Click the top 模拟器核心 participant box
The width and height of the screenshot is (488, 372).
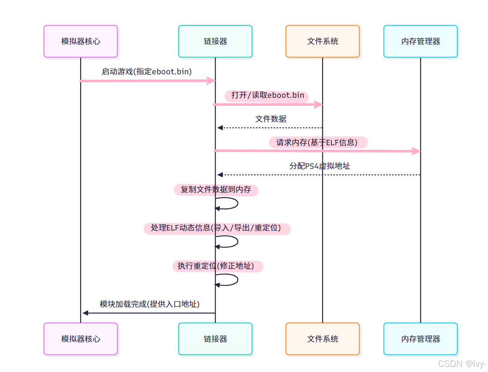tap(81, 41)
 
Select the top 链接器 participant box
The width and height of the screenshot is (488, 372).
tap(215, 41)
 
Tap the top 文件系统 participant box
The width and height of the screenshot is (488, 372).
tap(322, 41)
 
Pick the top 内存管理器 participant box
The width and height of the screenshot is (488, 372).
tap(420, 41)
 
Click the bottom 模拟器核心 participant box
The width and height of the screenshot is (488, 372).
tap(81, 339)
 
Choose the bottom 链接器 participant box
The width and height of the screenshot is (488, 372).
tap(215, 339)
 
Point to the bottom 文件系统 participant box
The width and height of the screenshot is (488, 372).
tap(322, 339)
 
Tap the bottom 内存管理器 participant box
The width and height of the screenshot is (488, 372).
tap(420, 339)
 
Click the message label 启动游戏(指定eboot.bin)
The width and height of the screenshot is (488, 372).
tap(146, 72)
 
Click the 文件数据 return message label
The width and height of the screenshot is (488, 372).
tap(271, 119)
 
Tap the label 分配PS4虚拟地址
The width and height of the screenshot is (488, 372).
tap(320, 166)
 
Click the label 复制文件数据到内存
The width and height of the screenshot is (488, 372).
tap(216, 190)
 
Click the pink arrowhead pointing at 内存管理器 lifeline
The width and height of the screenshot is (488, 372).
tap(416, 151)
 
